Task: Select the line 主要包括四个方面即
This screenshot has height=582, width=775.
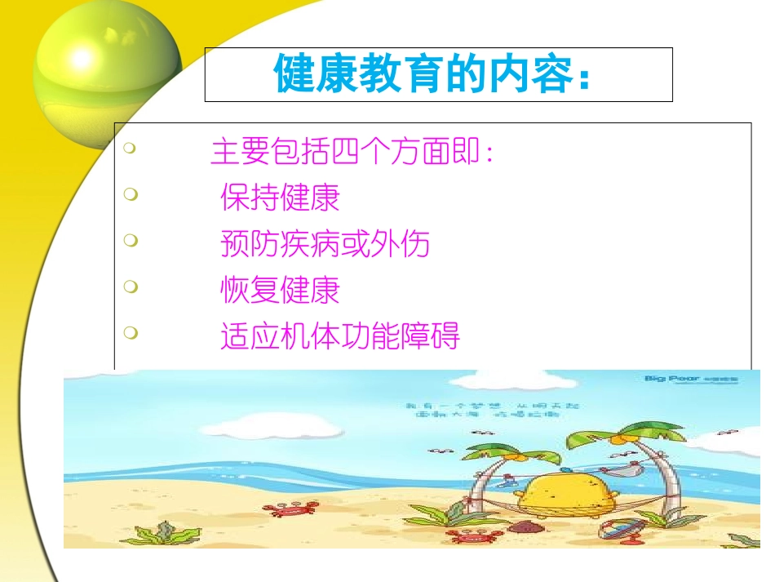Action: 352,153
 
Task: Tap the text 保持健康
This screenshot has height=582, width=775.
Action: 280,198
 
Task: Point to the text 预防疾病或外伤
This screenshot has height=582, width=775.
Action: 325,243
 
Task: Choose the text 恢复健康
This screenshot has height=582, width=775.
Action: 280,290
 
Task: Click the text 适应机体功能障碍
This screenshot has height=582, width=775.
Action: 340,335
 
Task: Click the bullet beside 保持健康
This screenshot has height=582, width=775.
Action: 130,194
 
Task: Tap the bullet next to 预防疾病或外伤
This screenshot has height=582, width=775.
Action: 130,240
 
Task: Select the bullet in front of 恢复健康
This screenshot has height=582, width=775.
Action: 130,287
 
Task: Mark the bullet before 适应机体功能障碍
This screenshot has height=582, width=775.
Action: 130,332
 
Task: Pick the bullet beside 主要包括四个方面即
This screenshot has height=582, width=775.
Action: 130,149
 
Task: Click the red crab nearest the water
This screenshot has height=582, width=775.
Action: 286,509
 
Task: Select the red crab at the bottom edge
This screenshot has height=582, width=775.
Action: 467,536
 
